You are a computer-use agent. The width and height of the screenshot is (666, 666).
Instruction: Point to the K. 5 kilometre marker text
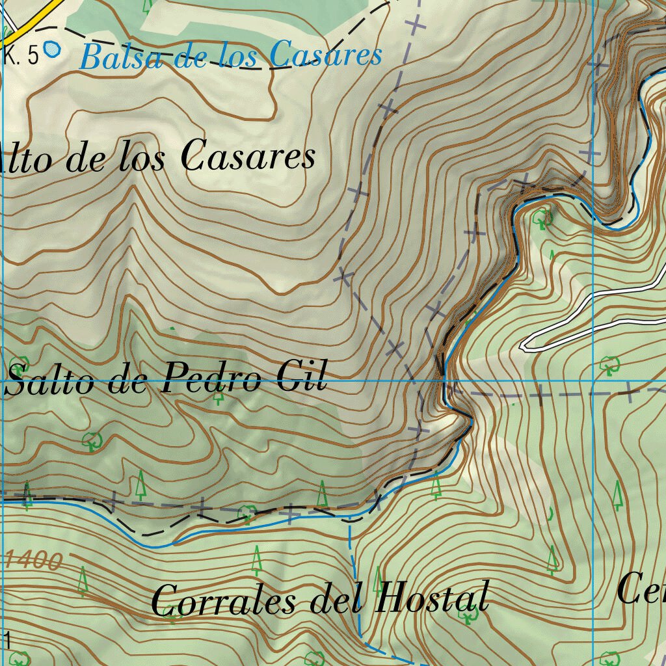21,57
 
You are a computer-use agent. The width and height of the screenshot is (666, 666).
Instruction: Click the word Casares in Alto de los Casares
248,157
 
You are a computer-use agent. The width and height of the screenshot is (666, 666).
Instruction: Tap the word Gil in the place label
302,377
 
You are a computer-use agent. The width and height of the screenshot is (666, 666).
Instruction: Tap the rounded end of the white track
526,345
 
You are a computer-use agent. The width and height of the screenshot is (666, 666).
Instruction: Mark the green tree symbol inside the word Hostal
468,615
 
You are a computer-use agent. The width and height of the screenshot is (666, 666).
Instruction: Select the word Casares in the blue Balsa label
325,55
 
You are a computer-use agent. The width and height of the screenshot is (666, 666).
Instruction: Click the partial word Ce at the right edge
641,589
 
